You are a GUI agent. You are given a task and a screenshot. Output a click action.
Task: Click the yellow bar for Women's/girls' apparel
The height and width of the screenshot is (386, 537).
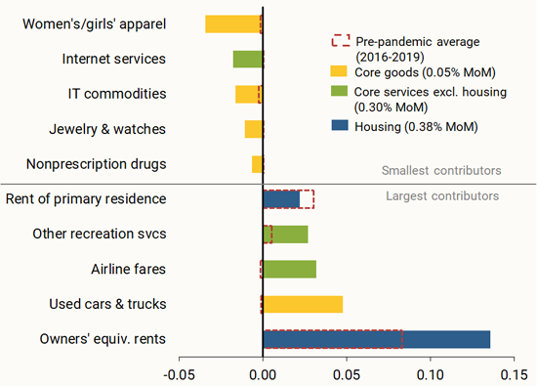[233, 24]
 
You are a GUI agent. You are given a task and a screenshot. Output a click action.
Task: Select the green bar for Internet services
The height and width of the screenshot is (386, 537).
[248, 60]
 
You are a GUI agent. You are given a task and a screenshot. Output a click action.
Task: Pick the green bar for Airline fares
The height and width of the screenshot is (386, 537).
[290, 269]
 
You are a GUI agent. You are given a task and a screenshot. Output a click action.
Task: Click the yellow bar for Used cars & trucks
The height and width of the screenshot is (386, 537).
[303, 304]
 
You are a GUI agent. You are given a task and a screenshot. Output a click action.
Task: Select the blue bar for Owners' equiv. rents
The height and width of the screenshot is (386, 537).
[377, 339]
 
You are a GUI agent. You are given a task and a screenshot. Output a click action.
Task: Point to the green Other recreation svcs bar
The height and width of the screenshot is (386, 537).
[286, 234]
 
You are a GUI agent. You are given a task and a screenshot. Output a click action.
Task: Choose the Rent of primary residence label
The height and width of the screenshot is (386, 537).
[86, 199]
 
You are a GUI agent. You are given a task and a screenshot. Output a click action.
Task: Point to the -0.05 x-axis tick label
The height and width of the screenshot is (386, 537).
[179, 373]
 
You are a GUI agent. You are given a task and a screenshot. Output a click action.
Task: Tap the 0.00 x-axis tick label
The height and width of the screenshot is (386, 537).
[263, 373]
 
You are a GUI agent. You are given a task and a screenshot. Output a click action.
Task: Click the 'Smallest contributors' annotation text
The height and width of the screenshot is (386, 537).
[440, 170]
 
